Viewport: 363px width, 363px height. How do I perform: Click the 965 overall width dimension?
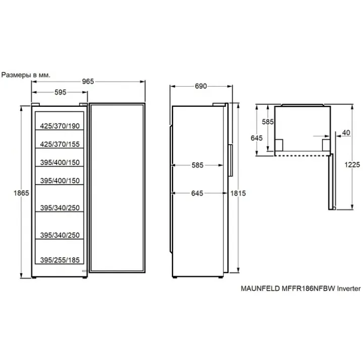pyautogui.click(x=88, y=82)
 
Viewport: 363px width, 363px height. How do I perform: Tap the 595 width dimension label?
pyautogui.click(x=60, y=92)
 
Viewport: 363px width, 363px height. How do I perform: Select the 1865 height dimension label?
pyautogui.click(x=21, y=193)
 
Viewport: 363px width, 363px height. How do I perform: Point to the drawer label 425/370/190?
pyautogui.click(x=59, y=126)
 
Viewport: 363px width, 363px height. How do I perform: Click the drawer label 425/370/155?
pyautogui.click(x=59, y=144)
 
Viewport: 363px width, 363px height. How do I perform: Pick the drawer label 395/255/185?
pyautogui.click(x=59, y=260)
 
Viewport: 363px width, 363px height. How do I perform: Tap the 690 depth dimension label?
pyautogui.click(x=201, y=86)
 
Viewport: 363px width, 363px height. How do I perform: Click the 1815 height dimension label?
pyautogui.click(x=238, y=193)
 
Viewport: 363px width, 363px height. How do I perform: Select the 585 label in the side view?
pyautogui.click(x=198, y=165)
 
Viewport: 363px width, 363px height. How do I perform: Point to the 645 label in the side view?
pyautogui.click(x=197, y=193)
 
